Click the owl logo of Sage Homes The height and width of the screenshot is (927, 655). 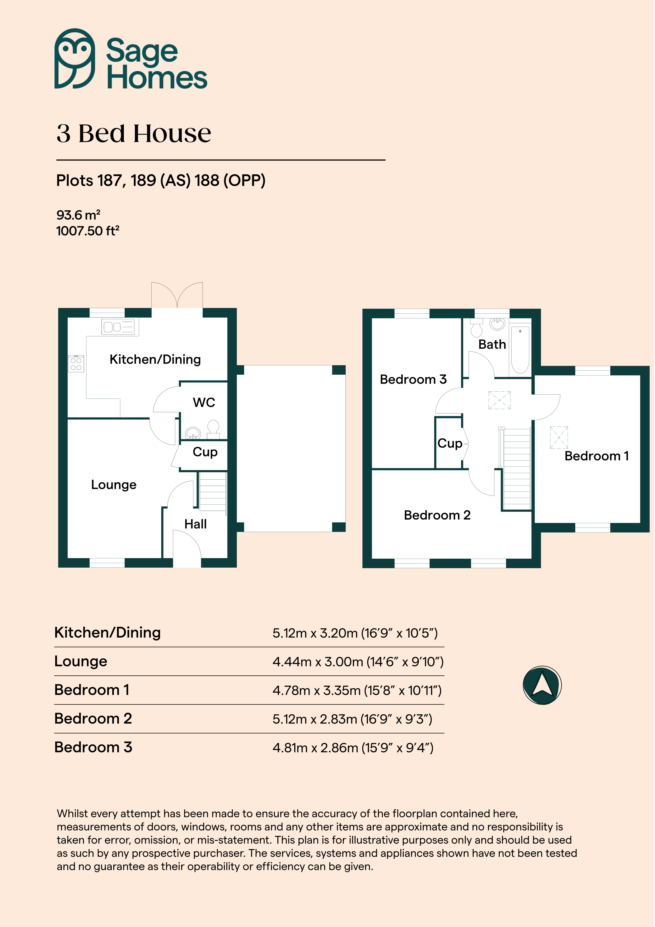(x=75, y=59)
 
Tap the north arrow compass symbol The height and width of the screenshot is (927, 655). (x=542, y=685)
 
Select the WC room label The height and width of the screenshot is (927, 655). (x=204, y=402)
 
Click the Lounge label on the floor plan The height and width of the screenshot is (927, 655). (x=114, y=484)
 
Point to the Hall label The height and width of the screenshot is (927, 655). (x=195, y=524)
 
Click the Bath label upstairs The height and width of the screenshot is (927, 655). (x=492, y=344)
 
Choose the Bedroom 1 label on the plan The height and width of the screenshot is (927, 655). (x=596, y=456)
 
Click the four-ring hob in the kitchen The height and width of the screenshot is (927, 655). (x=76, y=363)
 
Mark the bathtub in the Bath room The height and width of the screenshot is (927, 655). (x=520, y=350)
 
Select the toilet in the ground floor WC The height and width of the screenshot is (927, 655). (x=213, y=429)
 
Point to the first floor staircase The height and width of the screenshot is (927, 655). (x=516, y=468)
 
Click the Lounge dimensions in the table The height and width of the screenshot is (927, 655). (x=358, y=662)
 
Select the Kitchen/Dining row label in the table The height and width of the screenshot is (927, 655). (x=107, y=633)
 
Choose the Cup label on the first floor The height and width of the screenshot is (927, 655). (x=450, y=444)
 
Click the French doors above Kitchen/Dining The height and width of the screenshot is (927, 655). (x=177, y=295)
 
